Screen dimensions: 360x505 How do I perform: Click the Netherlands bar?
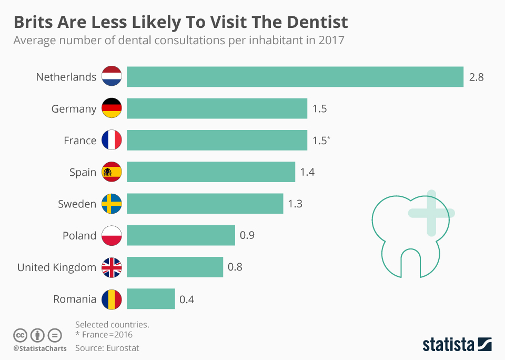pos(295,77)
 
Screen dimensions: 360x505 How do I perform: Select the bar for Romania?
pos(150,299)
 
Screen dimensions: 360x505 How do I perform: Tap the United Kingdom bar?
pos(175,267)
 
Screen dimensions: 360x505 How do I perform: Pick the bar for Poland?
pos(180,235)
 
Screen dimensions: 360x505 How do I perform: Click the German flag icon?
pos(112,108)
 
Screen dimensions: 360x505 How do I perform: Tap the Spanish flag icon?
pos(112,172)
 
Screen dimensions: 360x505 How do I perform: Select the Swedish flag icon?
pos(112,204)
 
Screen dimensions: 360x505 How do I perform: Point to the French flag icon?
pos(112,141)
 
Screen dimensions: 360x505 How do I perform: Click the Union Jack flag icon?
pos(112,267)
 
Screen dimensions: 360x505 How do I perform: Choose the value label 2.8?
pos(476,77)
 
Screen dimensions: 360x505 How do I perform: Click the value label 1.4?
pos(307,172)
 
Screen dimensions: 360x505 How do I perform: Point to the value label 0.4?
pos(187,299)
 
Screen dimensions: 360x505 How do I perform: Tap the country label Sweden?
pos(77,204)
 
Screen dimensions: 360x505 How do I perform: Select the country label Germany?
pos(74,109)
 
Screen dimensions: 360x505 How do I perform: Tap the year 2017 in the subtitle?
pos(331,41)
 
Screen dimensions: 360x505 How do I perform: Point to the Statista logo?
pos(457,345)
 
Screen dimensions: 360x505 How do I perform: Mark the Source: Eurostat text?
pos(107,348)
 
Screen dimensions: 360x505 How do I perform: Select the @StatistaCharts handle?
pos(40,348)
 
